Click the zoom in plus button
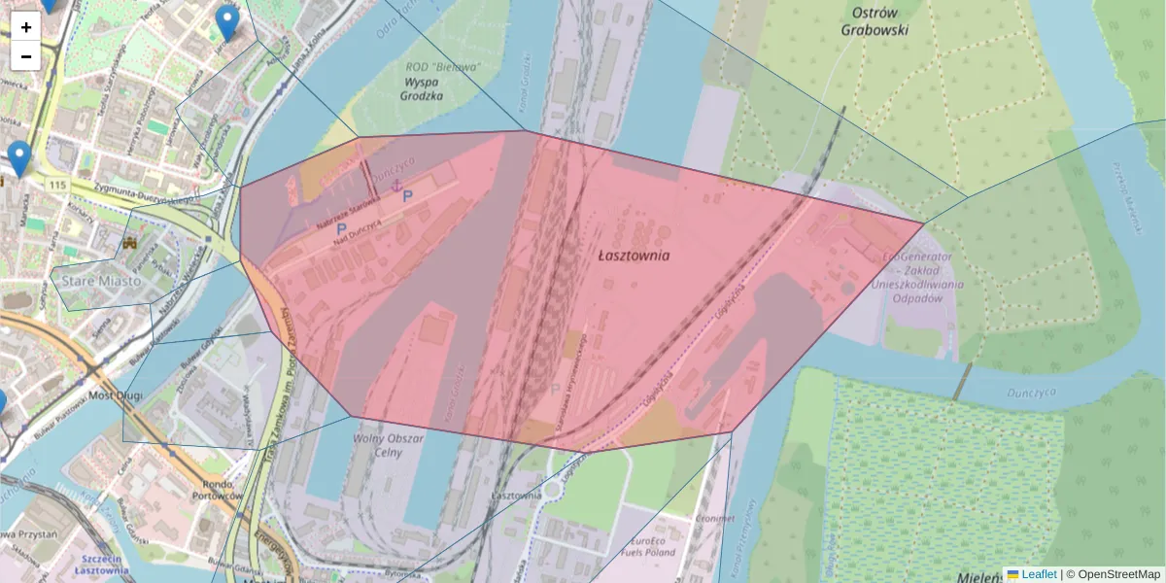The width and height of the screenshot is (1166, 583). coord(26,27)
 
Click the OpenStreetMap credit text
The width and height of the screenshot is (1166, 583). coord(1113,574)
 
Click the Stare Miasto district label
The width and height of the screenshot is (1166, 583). coord(101,280)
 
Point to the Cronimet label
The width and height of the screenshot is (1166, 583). coord(713,518)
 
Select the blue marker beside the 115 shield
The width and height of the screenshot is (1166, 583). coord(18,158)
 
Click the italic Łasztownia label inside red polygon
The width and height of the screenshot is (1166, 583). coord(634,256)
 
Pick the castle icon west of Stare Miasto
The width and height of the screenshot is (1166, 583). coord(130,243)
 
